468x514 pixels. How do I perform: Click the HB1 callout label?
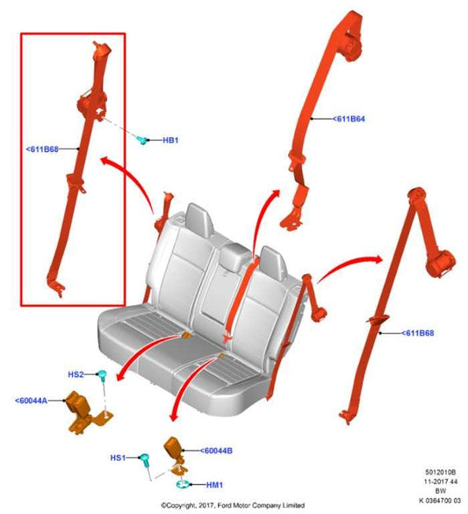pyautogui.click(x=170, y=141)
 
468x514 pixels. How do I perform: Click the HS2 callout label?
pyautogui.click(x=76, y=375)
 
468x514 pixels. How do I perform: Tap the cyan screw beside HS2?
pyautogui.click(x=103, y=375)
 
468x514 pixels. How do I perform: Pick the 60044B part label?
pyautogui.click(x=217, y=450)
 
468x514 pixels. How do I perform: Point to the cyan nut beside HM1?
pyautogui.click(x=182, y=483)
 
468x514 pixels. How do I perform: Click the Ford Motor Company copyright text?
pyautogui.click(x=232, y=505)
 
